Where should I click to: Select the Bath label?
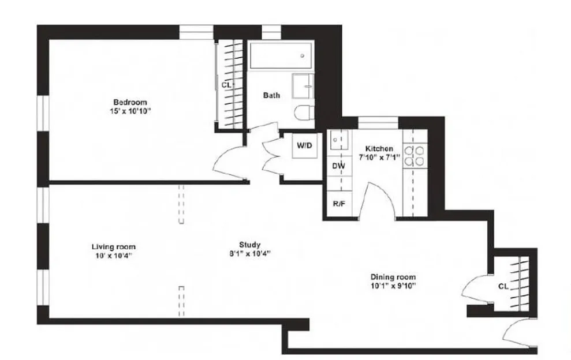click(271, 95)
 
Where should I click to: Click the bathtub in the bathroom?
click(281, 56)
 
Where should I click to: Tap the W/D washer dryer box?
click(304, 146)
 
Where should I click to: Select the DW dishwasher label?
click(339, 166)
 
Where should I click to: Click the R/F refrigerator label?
click(339, 203)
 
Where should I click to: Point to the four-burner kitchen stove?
click(414, 155)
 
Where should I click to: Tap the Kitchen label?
click(379, 148)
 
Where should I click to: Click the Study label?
click(250, 244)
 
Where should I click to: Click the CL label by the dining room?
click(503, 286)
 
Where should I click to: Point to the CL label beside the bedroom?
click(226, 85)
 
